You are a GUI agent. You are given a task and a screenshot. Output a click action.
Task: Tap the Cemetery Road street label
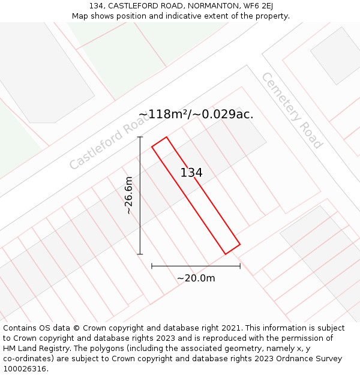292,110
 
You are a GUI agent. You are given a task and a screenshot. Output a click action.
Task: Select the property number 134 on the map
191,173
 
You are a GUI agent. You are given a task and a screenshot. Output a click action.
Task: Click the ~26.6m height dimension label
128,196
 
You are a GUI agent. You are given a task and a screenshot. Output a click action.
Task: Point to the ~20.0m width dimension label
196,278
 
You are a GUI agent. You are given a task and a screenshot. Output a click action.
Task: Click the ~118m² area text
164,114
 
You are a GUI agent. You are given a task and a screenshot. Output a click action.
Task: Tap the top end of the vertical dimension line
140,137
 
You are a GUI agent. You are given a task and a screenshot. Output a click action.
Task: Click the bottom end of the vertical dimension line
140,254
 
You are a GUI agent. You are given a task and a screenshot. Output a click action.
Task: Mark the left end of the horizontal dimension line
152,265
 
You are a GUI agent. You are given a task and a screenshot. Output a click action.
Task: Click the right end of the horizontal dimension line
240,265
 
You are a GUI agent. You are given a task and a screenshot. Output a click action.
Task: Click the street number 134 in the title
96,6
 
